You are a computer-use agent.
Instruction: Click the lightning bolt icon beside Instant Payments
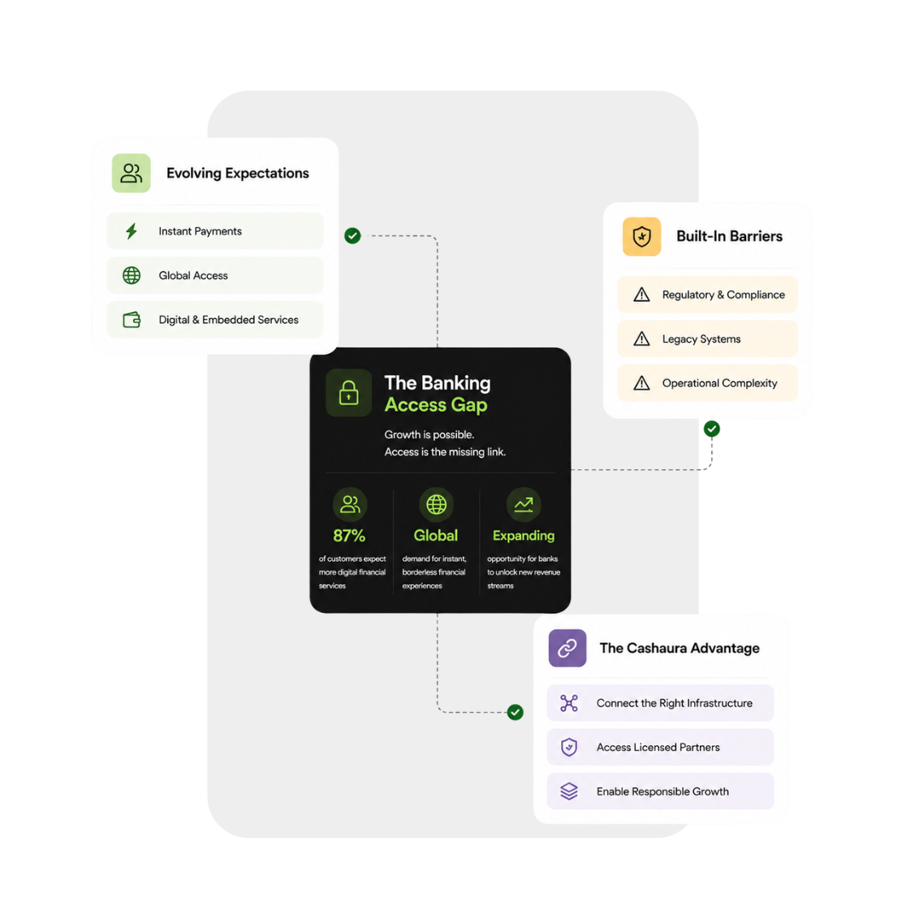pos(132,231)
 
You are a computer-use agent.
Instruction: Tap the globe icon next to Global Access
pos(132,275)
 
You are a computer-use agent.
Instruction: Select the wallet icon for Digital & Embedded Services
pos(132,320)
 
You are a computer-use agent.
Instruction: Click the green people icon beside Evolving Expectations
pos(132,173)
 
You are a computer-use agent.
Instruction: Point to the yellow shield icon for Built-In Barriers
pos(641,236)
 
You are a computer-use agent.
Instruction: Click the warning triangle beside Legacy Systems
pos(641,339)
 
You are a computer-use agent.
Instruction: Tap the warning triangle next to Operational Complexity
pos(641,383)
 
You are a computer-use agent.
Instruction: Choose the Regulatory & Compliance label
pos(723,295)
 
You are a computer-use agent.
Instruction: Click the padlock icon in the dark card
pos(348,393)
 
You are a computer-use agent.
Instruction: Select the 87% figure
pos(349,536)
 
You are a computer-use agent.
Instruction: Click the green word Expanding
pos(524,536)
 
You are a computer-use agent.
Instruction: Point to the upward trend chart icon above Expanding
pos(524,504)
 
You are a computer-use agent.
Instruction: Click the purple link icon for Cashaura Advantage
pos(567,649)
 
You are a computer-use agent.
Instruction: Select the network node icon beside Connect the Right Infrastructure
pos(569,703)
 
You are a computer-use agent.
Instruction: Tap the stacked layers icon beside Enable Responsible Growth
pos(569,792)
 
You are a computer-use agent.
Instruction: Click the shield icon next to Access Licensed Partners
pos(569,747)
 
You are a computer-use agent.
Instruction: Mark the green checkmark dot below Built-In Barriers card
pos(712,429)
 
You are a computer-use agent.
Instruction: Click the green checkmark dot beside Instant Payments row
pos(352,235)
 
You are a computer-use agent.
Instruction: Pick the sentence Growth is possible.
pos(429,434)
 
